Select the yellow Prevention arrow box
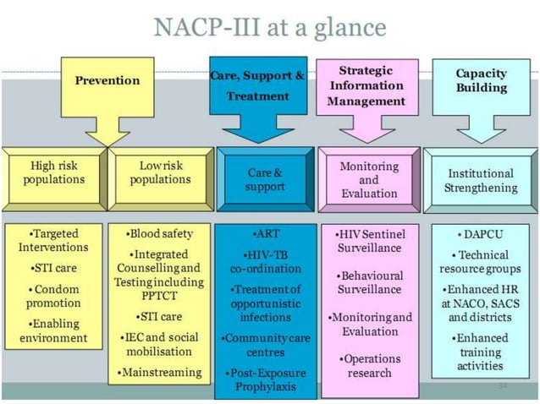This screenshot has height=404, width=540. (107, 81)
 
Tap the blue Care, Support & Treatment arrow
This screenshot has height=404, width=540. (257, 85)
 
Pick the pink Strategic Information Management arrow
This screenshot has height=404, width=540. (367, 86)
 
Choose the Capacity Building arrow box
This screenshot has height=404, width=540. (481, 81)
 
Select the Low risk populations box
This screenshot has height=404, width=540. (161, 173)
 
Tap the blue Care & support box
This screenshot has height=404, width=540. (265, 179)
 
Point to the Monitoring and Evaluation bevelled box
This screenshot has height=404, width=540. (368, 179)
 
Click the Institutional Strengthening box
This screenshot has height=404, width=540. (480, 180)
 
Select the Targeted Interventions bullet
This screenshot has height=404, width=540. (53, 240)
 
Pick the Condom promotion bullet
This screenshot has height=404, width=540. (53, 296)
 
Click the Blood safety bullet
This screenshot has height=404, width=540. (160, 233)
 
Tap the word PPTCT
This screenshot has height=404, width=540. (159, 297)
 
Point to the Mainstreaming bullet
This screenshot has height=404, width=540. (160, 372)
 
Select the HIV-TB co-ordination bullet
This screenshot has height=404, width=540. (265, 261)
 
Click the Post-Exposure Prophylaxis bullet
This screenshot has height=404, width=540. (265, 379)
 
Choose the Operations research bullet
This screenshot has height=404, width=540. (368, 365)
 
